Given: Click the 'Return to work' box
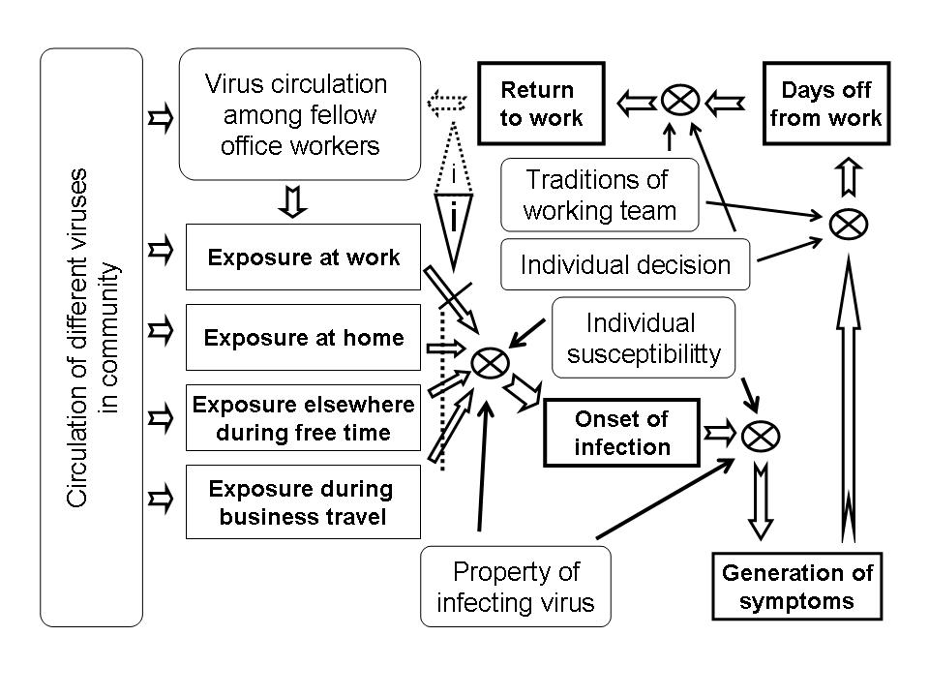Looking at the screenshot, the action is (542, 104).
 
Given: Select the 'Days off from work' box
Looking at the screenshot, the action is (826, 104).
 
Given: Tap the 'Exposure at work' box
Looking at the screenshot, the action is (303, 258).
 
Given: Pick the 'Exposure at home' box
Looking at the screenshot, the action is (303, 337).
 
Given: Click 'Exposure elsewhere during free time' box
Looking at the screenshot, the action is (303, 418).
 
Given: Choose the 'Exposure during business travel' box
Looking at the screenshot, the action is (303, 502).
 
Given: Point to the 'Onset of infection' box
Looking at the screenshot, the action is (622, 433).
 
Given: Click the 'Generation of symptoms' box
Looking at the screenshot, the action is (796, 587).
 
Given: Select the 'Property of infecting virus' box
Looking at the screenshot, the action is (516, 587).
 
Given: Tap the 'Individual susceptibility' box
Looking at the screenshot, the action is (644, 338).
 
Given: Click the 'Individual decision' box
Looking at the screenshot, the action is (625, 264).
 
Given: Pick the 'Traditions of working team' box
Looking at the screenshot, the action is (600, 195).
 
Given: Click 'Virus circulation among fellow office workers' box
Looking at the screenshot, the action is (300, 114).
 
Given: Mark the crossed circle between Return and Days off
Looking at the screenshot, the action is (680, 100).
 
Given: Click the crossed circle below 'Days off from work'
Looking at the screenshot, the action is (849, 224).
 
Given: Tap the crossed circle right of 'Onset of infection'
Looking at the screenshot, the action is (761, 437).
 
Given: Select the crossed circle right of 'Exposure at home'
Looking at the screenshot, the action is (490, 363).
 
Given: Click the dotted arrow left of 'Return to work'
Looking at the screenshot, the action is (447, 102).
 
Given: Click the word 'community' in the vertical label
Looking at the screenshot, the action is (109, 338).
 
